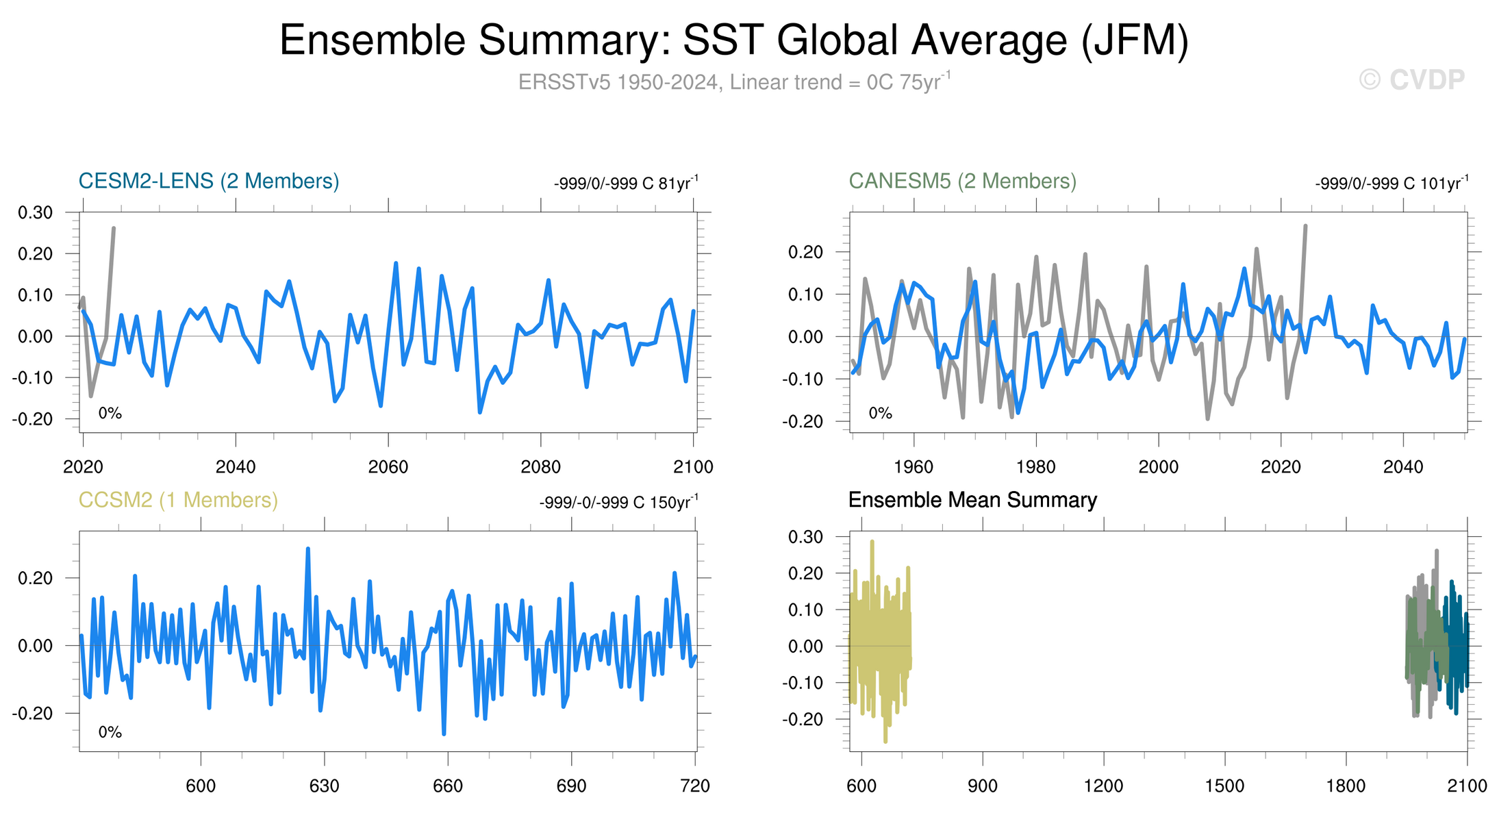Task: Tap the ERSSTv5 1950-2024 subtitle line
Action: pos(734,82)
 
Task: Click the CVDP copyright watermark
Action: pos(1412,80)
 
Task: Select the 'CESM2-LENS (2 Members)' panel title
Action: pos(209,181)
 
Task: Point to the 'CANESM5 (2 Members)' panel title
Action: pos(962,181)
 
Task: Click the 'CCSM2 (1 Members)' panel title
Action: pos(178,500)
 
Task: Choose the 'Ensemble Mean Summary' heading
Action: pos(972,500)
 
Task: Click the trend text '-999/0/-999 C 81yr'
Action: pos(625,184)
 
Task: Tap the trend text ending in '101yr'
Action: pos(1391,184)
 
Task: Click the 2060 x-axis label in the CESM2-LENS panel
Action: pos(388,467)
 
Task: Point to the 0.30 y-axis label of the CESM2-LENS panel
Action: pos(36,212)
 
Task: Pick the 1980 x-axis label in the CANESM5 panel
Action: pos(1036,467)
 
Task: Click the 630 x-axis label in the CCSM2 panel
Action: pos(324,786)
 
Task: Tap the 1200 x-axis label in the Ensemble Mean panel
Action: pos(1103,786)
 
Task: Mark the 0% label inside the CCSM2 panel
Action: pos(110,732)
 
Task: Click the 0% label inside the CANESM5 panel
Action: pos(880,413)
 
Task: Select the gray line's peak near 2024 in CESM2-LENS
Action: pos(114,228)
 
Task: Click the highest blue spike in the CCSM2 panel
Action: pos(307,549)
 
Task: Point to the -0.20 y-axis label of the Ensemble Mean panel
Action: pos(805,719)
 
